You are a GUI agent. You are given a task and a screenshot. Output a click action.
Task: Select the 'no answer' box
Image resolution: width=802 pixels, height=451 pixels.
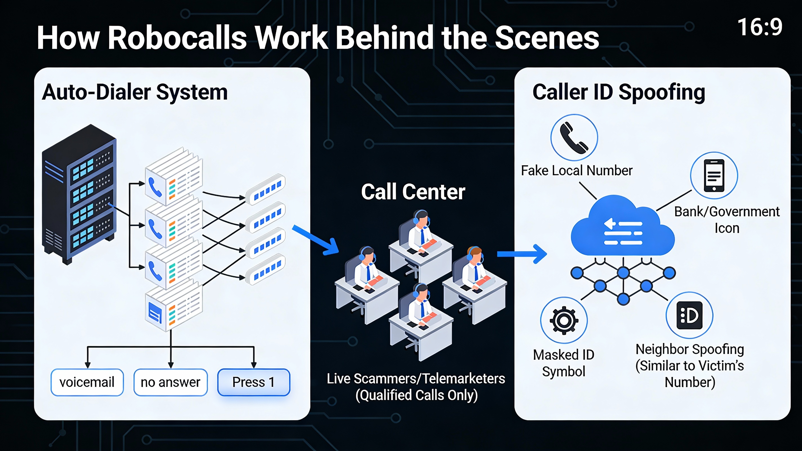coord(170,382)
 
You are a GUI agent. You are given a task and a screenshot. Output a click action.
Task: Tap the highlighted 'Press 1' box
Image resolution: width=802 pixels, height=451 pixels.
coord(253,382)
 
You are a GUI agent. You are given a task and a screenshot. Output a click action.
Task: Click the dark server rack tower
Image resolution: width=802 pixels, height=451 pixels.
coord(79,193)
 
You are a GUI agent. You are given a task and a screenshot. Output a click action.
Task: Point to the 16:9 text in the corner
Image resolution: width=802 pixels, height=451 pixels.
coord(760,27)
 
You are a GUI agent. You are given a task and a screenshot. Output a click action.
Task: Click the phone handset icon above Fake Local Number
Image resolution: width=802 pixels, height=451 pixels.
coord(574,138)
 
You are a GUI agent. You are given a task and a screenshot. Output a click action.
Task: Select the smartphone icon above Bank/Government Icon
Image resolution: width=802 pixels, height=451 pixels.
coord(714,175)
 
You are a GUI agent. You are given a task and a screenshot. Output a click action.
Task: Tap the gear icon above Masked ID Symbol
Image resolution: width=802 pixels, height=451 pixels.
coord(563,320)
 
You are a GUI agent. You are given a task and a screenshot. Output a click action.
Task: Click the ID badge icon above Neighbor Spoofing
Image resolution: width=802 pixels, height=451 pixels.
coord(689,315)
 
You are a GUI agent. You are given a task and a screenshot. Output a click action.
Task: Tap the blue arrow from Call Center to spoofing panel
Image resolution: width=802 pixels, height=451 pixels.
coord(522,254)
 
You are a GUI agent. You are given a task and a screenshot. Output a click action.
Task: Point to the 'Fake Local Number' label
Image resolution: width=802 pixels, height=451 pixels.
coord(577,171)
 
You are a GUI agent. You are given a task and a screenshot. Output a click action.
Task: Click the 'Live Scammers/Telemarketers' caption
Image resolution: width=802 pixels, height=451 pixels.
coord(416,378)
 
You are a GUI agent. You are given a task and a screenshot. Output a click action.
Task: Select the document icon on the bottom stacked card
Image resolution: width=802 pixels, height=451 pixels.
coord(155,313)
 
